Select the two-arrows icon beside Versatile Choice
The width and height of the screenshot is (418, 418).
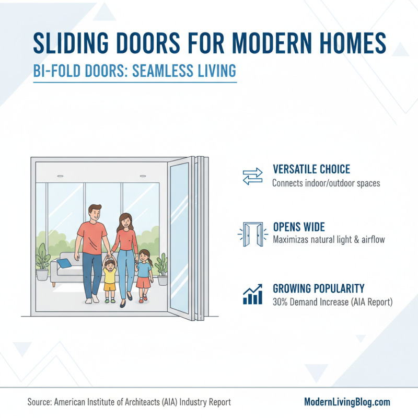[253, 177]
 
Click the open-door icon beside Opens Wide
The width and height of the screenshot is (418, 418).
[253, 234]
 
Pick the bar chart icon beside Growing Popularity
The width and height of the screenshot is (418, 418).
[253, 294]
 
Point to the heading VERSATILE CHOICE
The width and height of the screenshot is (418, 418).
[311, 170]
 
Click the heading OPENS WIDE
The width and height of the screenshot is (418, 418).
[299, 227]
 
